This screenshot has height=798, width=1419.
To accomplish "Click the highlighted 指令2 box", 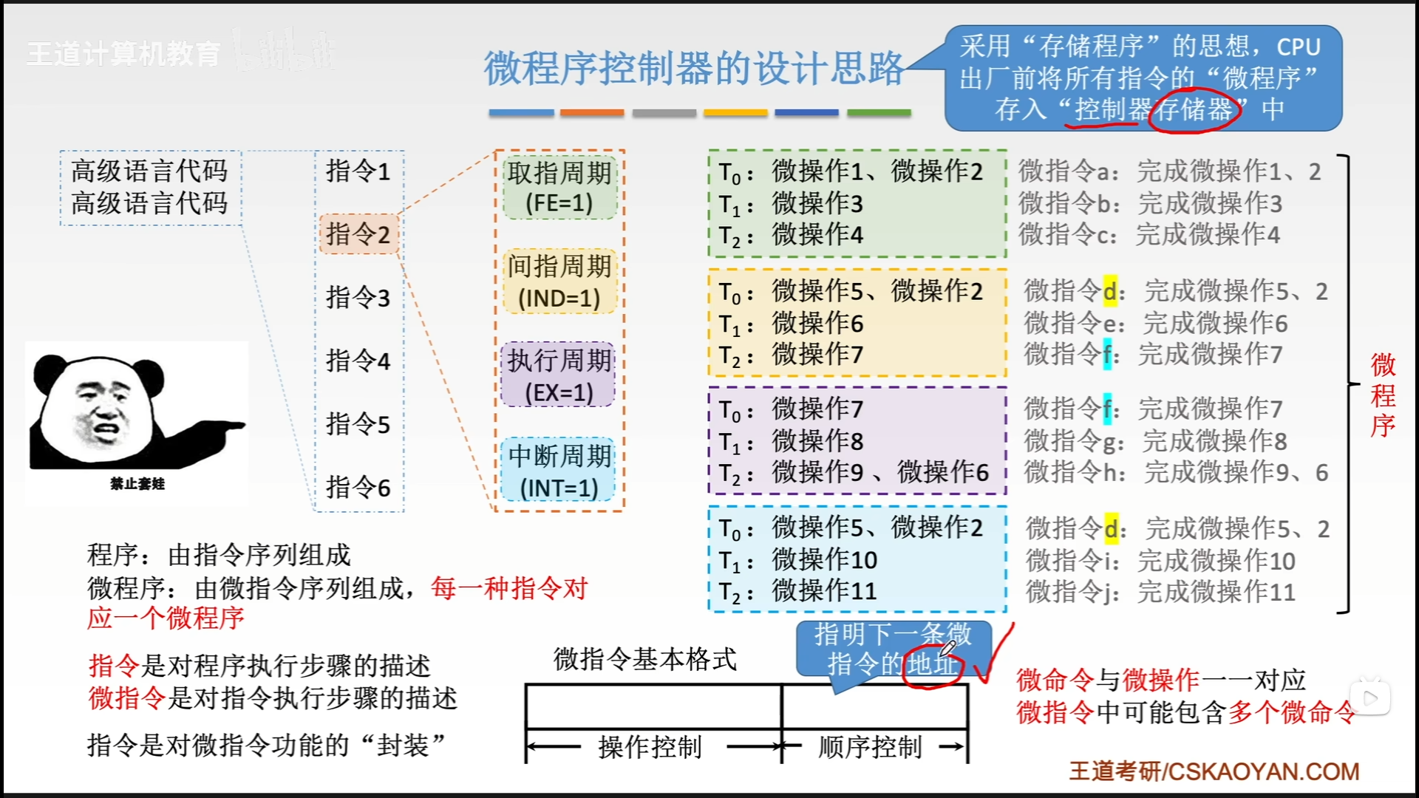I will pyautogui.click(x=358, y=234).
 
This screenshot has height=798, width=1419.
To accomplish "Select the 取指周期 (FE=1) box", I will pyautogui.click(x=559, y=188).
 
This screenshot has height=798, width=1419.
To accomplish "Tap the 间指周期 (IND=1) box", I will pyautogui.click(x=559, y=282).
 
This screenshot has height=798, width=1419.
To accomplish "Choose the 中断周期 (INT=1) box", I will pyautogui.click(x=559, y=471).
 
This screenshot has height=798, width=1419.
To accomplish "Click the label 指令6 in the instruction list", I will pyautogui.click(x=358, y=487).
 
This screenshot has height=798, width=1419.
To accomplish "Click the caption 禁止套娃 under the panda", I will pyautogui.click(x=137, y=484).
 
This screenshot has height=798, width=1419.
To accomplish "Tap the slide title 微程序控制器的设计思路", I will pyautogui.click(x=693, y=68).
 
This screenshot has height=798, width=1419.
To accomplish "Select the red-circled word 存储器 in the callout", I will pyautogui.click(x=1194, y=110).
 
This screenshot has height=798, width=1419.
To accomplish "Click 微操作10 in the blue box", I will pyautogui.click(x=824, y=560).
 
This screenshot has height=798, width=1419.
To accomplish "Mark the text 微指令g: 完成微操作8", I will pyautogui.click(x=1155, y=441).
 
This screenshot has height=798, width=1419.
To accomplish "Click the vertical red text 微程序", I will pyautogui.click(x=1383, y=395).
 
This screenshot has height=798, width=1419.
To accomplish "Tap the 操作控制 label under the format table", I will pyautogui.click(x=650, y=747).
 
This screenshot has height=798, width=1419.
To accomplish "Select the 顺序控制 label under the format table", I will pyautogui.click(x=870, y=747).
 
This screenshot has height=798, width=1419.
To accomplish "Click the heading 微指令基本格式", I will pyautogui.click(x=644, y=658).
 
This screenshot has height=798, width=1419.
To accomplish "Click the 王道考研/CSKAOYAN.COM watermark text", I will pyautogui.click(x=1214, y=771).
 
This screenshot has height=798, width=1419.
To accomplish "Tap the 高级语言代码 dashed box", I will pyautogui.click(x=150, y=188).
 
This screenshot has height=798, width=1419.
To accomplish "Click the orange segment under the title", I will pyautogui.click(x=591, y=113).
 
